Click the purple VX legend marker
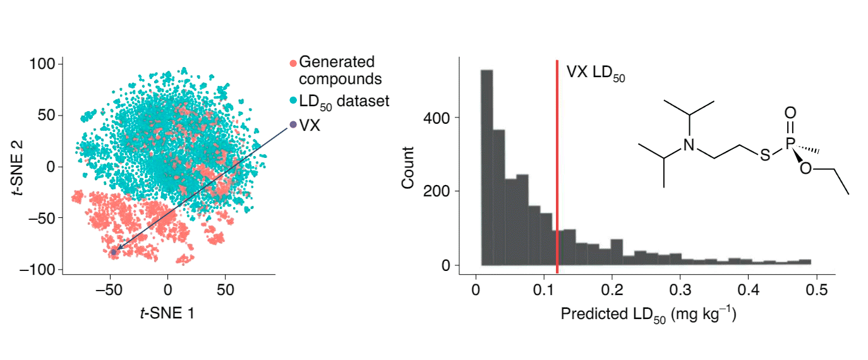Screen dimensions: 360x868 292,124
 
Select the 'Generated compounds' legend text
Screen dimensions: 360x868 340,71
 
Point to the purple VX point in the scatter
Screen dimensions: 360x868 114,252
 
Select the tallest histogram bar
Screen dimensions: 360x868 486,167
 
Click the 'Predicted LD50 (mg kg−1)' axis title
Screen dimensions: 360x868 648,314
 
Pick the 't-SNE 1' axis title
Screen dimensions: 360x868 167,312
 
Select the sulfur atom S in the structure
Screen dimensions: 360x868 765,155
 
